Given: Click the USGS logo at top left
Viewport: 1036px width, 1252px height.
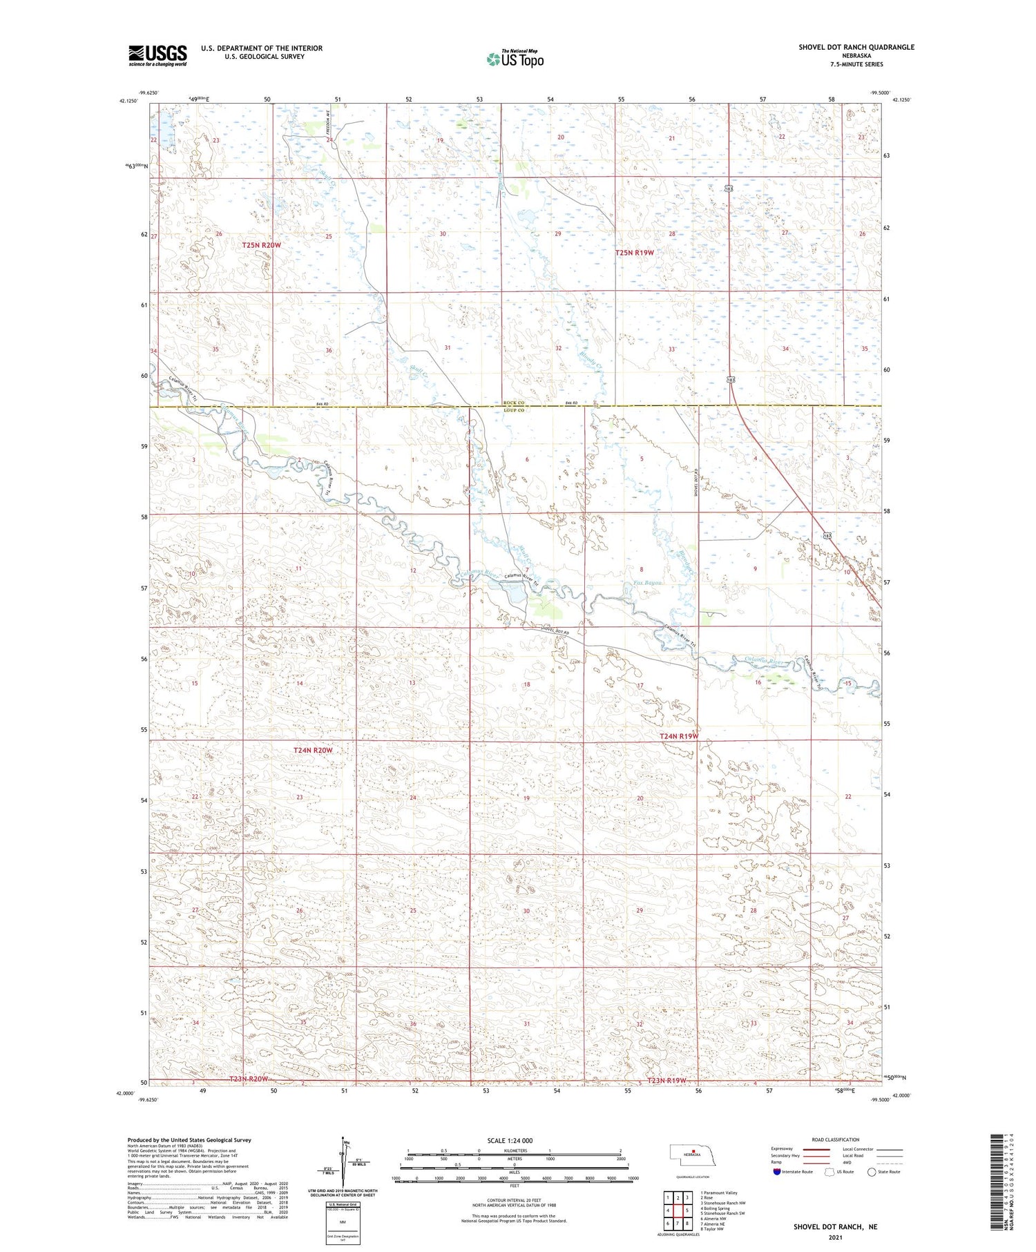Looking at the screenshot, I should click(x=157, y=55).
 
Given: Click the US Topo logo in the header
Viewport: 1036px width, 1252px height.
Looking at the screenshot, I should click(x=515, y=59).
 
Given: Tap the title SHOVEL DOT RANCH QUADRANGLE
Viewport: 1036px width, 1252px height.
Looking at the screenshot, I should click(x=856, y=47).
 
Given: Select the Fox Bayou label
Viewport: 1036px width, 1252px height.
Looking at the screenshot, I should click(x=648, y=584).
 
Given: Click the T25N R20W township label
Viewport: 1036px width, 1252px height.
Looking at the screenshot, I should click(x=262, y=245).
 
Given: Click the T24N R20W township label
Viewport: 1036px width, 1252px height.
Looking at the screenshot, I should click(x=313, y=750).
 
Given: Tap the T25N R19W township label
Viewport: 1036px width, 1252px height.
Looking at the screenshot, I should click(x=634, y=253).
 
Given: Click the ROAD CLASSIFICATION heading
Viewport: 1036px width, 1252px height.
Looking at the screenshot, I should click(x=836, y=1139).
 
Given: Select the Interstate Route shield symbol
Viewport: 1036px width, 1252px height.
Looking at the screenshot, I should click(x=777, y=1171).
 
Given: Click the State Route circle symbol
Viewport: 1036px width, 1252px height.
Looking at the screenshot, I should click(x=872, y=1171).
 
